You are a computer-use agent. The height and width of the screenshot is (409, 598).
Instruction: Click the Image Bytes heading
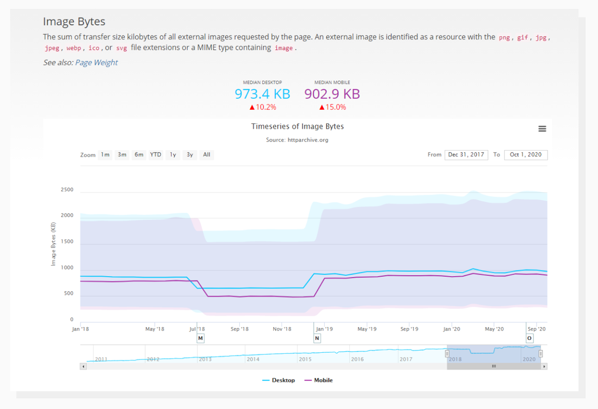(74, 22)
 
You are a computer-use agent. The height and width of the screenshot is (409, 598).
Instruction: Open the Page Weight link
(96, 63)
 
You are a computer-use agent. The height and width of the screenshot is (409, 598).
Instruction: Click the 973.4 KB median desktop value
(262, 94)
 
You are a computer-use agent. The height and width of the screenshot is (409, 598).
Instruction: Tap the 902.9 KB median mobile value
(332, 94)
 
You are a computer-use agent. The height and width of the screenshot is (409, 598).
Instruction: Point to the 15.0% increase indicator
(333, 108)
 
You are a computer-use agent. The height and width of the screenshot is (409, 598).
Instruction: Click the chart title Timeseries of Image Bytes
(298, 127)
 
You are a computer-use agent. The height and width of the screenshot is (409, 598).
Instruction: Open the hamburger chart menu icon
(542, 129)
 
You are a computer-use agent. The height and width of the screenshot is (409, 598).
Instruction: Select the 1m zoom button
(105, 155)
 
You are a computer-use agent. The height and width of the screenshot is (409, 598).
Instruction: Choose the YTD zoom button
(156, 155)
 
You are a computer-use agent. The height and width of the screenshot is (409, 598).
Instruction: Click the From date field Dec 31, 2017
(466, 155)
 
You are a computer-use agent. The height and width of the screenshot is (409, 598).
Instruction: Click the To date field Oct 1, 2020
(526, 155)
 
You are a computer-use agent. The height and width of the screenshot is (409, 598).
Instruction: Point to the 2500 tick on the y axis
(67, 190)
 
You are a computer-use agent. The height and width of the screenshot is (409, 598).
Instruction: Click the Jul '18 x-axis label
(197, 329)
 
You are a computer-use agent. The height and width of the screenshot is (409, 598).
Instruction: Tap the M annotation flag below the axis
(200, 338)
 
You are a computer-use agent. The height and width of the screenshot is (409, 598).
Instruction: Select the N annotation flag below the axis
(317, 338)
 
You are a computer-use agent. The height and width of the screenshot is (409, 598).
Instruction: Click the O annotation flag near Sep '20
(529, 338)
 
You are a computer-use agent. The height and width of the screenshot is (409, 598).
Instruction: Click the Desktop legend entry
(278, 380)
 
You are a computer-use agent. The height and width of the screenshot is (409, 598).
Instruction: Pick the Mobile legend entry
(319, 380)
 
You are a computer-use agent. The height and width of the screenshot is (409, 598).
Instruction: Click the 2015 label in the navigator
(305, 359)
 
